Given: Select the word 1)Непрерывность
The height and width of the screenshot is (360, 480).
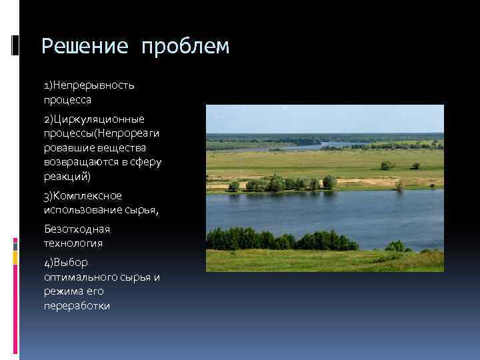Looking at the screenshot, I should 89,85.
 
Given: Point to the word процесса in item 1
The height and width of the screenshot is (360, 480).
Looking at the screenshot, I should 67,99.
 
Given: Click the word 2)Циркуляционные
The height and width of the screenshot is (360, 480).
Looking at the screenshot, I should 94,119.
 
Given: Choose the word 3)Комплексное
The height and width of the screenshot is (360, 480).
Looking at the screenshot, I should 83,195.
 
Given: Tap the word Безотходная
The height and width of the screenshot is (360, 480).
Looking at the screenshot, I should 77,229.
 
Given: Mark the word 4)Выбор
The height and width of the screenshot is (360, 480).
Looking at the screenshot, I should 66,263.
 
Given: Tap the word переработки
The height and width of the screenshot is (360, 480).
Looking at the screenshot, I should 77,306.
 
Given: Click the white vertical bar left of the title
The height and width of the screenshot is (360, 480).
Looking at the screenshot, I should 15,45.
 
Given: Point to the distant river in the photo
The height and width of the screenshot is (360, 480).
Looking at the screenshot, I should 347,145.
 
